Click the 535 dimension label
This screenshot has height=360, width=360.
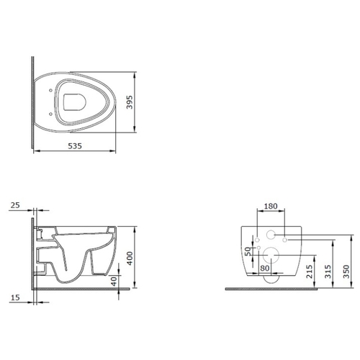pos(75,146)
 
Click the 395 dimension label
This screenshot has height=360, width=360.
pos(130,102)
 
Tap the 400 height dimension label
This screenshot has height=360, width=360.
pos(130,258)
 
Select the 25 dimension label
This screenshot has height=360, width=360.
pos(15,205)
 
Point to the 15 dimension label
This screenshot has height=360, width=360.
pos(15,297)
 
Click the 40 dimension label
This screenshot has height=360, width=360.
pos(114,281)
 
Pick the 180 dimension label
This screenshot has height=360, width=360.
pos(271,206)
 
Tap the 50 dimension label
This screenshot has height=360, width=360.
pos(248,251)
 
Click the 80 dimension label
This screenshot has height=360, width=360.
pos(265,268)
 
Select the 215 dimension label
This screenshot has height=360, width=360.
pos(310,271)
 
